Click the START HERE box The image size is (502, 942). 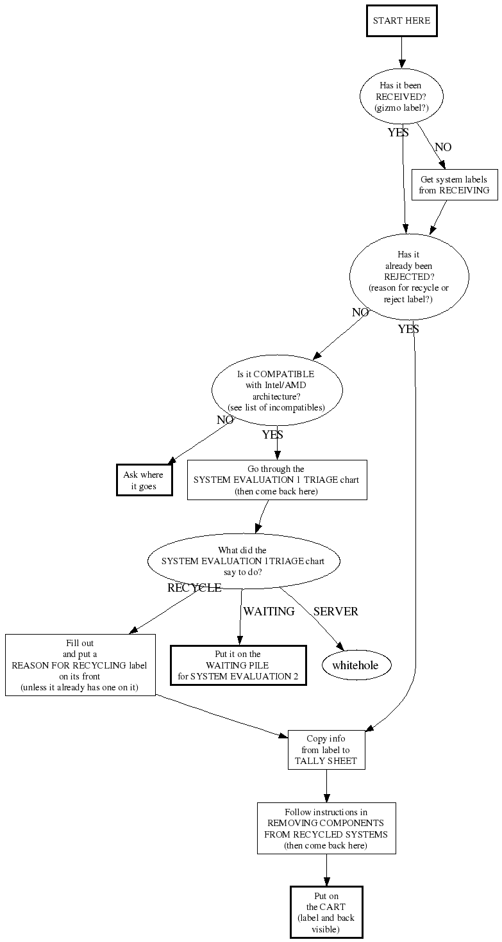pyautogui.click(x=401, y=21)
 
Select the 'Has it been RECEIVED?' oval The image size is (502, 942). pyautogui.click(x=401, y=97)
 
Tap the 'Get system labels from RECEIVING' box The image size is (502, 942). pyautogui.click(x=454, y=184)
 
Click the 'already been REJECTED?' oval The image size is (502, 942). pyautogui.click(x=409, y=277)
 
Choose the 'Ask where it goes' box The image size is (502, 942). pyautogui.click(x=144, y=480)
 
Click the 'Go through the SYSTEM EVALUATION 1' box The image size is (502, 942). pyautogui.click(x=277, y=480)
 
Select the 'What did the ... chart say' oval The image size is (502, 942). pyautogui.click(x=243, y=561)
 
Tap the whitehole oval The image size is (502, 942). pyautogui.click(x=355, y=665)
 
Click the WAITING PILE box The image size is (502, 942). pyautogui.click(x=238, y=665)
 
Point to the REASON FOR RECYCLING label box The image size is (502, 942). pyautogui.click(x=80, y=665)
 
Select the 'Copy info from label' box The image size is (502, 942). pyautogui.click(x=326, y=750)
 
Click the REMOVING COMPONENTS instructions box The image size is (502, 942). pyautogui.click(x=326, y=829)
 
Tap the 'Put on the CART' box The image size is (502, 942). pyautogui.click(x=326, y=912)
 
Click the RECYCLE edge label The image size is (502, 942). pyautogui.click(x=194, y=588)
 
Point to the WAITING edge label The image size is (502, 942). pyautogui.click(x=269, y=612)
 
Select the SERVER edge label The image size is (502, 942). pyautogui.click(x=336, y=612)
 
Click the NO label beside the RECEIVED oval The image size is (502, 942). pyautogui.click(x=443, y=147)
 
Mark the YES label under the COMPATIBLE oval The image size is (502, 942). pyautogui.click(x=272, y=435)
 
